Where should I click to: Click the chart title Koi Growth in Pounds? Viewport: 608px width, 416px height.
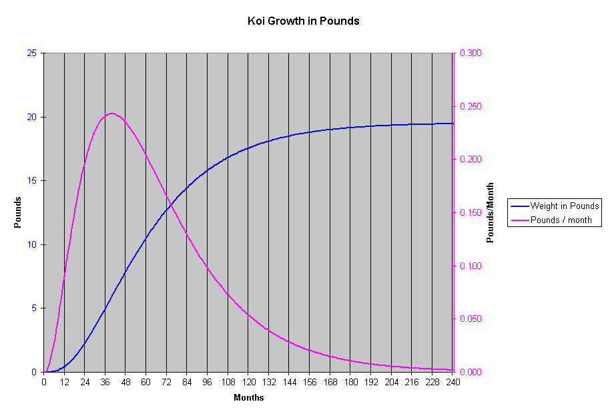(x=303, y=21)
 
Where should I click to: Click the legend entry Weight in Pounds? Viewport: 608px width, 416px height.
(x=564, y=206)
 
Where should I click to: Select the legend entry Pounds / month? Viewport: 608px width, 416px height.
(x=561, y=220)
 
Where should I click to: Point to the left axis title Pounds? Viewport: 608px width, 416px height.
(x=18, y=212)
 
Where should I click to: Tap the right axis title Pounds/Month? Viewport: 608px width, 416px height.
(x=490, y=212)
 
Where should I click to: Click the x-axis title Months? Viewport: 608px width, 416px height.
(x=248, y=398)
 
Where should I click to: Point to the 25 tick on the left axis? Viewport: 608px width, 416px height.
(x=32, y=53)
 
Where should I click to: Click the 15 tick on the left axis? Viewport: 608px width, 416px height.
(x=32, y=181)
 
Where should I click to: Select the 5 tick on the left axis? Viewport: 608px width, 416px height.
(x=35, y=308)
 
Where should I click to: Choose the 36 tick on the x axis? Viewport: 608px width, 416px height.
(x=105, y=383)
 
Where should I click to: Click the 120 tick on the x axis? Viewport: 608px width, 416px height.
(x=248, y=383)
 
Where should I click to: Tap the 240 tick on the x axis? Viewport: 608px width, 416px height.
(x=453, y=383)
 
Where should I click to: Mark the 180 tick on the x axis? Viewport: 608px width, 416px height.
(x=350, y=383)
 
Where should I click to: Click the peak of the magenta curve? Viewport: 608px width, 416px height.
(x=111, y=113)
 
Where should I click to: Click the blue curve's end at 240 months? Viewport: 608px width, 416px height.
(x=453, y=124)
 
